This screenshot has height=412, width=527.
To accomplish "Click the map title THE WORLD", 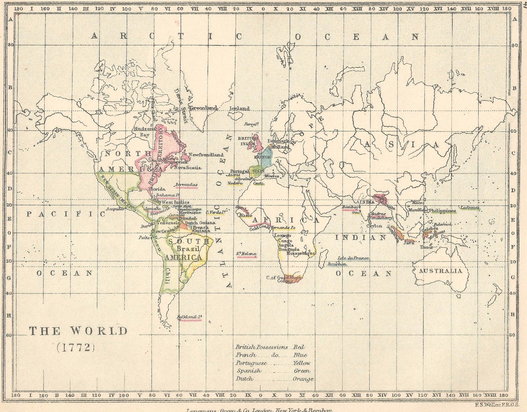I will [x=78, y=331].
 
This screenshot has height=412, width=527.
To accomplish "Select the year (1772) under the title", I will [x=76, y=348].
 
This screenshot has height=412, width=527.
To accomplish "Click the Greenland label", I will [x=203, y=108].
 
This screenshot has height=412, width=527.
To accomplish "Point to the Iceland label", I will [x=239, y=108].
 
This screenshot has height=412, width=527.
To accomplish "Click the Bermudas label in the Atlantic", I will [x=186, y=186].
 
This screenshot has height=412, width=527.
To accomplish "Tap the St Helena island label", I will [x=246, y=254].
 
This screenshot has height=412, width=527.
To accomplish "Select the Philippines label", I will [x=442, y=211].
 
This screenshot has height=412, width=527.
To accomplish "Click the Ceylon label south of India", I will [x=374, y=226].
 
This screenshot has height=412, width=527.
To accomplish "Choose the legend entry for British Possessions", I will [x=273, y=347].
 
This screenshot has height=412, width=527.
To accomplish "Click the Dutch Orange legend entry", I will [x=273, y=379].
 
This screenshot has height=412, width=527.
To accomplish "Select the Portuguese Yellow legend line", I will [x=273, y=363].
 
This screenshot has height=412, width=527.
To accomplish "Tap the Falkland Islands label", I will [x=189, y=317].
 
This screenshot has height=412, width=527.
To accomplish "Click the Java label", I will [x=408, y=242].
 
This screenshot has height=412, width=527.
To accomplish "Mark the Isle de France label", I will [x=353, y=258].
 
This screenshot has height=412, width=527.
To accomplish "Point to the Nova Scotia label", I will [x=187, y=167].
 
